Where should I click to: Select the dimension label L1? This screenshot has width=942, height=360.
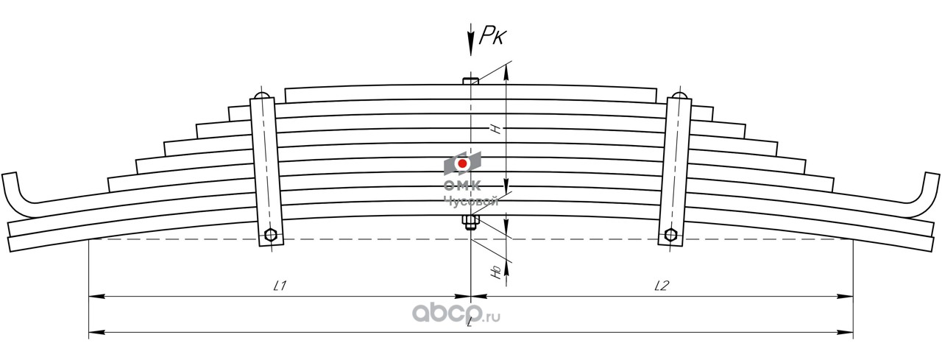(x=279, y=286)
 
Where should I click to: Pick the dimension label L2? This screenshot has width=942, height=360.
(x=660, y=286)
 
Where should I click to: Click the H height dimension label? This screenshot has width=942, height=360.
(x=497, y=130)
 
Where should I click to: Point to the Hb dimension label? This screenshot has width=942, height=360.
(x=497, y=273)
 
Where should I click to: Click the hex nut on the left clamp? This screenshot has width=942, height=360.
(x=270, y=236)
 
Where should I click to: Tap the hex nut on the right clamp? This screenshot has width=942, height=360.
(x=670, y=235)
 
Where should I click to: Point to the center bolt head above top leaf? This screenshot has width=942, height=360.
(x=471, y=80)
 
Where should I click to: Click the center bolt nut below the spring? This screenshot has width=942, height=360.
(x=470, y=222)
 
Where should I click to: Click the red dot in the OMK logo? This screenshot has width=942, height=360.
(x=462, y=163)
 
